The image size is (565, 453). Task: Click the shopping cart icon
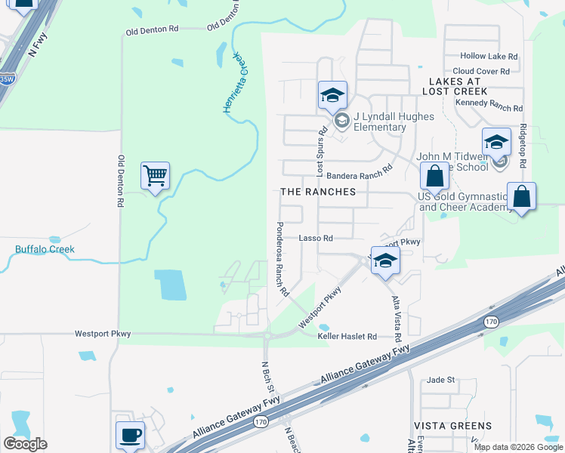pos(155,177)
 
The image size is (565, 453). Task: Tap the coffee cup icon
pos(129,435)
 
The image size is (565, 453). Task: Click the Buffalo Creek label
pos(45,249)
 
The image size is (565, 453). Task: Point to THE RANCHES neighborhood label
pos(318,192)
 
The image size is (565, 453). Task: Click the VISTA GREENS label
pos(452,426)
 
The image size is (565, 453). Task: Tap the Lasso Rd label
pos(316,238)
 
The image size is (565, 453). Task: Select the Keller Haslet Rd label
pos(347,336)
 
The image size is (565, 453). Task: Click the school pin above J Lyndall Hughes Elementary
pos(332,95)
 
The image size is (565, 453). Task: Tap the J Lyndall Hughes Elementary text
pos(385,122)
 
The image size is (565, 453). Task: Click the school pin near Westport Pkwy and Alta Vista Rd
pos(385,261)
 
